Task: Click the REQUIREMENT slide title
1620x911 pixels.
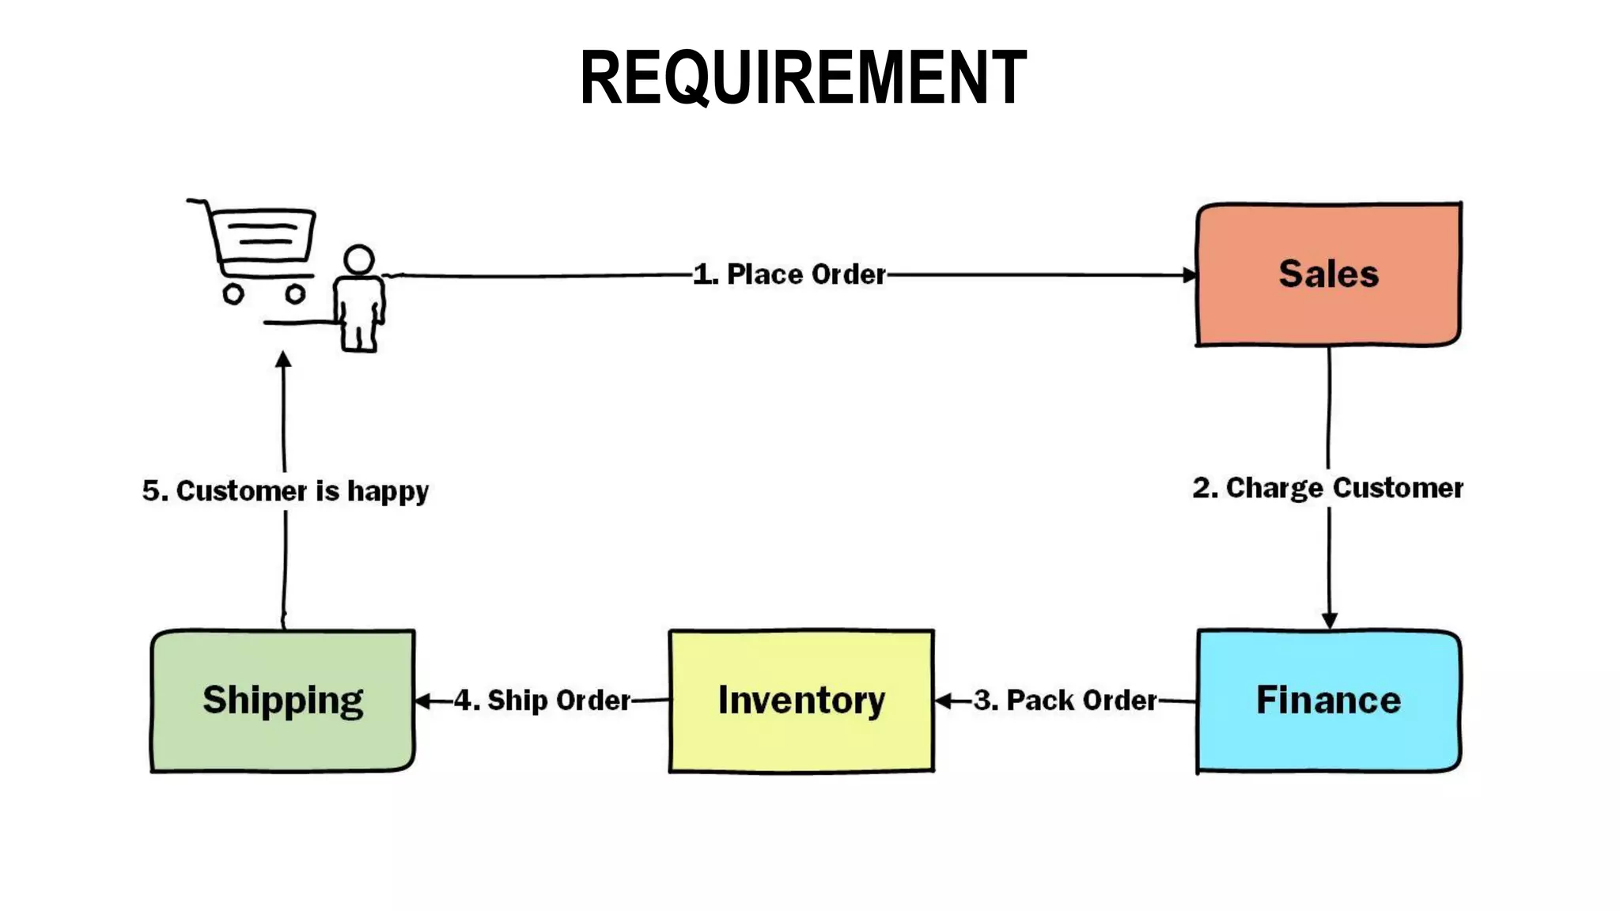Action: pos(803,77)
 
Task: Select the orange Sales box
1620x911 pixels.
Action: pos(1328,274)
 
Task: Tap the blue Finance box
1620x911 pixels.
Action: pos(1328,701)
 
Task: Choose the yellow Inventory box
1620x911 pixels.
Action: pos(801,701)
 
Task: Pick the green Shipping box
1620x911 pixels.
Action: pos(282,701)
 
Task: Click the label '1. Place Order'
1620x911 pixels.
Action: pos(789,274)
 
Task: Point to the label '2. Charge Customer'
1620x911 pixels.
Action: pos(1328,488)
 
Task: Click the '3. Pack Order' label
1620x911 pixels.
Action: pos(1065,701)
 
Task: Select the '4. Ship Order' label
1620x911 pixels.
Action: pos(543,701)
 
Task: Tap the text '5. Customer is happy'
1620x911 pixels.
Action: pos(286,491)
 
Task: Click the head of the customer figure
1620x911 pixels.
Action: pos(359,259)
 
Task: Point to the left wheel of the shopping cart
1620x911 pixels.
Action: pos(233,295)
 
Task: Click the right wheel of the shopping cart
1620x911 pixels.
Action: pos(295,295)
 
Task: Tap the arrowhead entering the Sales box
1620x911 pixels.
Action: pos(1190,275)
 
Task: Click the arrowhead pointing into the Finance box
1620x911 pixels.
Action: pos(1329,620)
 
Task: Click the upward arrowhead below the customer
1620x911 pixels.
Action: pos(283,361)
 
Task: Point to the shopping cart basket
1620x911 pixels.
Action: pos(263,235)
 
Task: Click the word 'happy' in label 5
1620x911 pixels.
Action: pos(388,492)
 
